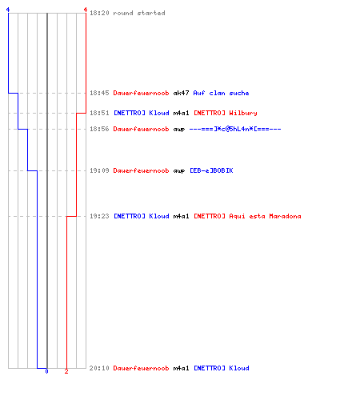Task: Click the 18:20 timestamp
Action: pos(99,13)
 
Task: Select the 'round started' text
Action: pos(139,13)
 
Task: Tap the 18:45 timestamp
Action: pos(99,93)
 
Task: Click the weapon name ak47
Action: pos(181,93)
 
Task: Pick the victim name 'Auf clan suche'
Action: pos(221,93)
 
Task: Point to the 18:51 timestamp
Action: pos(99,113)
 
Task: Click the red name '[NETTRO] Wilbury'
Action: pos(226,113)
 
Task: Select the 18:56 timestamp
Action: pos(99,129)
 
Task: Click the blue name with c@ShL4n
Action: pos(235,129)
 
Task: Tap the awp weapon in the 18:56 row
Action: pos(179,130)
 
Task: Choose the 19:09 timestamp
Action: pos(99,170)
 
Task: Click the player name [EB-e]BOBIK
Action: pos(211,170)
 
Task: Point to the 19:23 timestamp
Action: pos(99,216)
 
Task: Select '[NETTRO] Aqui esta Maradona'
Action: pos(247,216)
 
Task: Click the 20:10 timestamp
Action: pos(99,368)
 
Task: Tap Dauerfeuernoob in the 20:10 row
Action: pos(141,368)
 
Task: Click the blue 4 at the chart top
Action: pos(8,10)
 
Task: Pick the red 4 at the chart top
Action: pos(86,10)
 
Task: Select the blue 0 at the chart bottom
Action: pos(46,371)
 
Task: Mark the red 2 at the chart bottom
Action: pos(66,371)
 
